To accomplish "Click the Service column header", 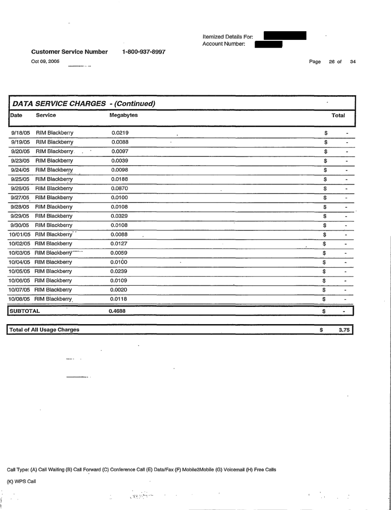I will [46, 115].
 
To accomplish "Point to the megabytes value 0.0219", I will [120, 133].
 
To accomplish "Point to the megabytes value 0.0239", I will [120, 271].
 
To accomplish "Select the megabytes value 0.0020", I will [120, 290].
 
